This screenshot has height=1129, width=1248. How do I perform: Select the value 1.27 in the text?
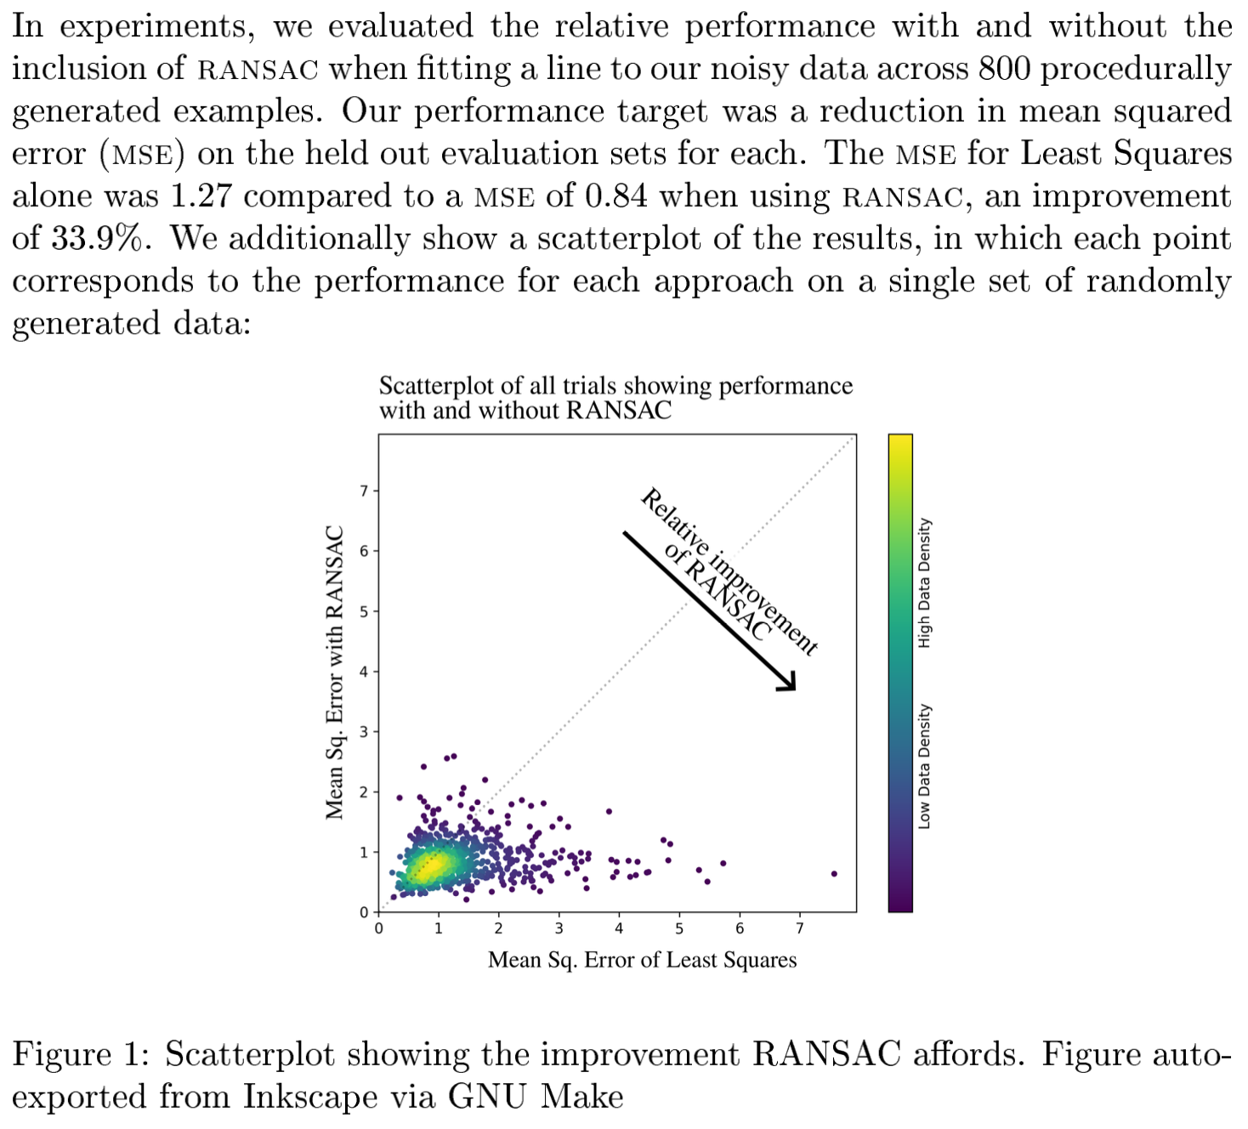(x=201, y=196)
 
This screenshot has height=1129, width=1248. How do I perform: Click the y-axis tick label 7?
(x=364, y=491)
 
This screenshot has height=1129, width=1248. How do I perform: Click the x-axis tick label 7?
(x=800, y=928)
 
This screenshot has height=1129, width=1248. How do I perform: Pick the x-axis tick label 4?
(x=619, y=928)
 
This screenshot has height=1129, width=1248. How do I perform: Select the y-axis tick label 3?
(x=364, y=732)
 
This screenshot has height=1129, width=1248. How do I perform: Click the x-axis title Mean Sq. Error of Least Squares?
(x=642, y=960)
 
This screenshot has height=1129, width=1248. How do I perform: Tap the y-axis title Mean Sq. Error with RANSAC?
(x=335, y=672)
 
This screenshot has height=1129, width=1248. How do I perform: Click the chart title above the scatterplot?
(x=615, y=398)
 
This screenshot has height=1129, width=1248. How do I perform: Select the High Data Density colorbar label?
(x=925, y=583)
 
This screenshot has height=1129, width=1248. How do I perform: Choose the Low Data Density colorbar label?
(x=925, y=766)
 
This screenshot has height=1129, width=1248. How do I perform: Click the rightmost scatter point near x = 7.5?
(x=834, y=874)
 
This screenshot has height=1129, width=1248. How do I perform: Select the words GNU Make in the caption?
(x=536, y=1097)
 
